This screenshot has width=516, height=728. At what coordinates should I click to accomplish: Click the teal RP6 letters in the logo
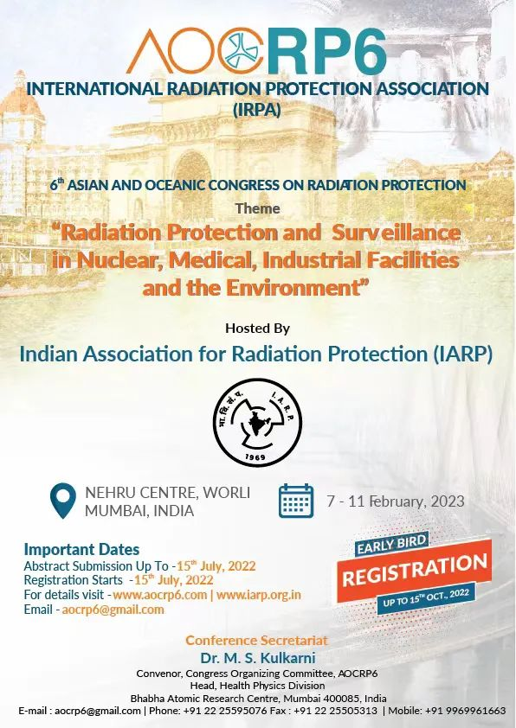326,51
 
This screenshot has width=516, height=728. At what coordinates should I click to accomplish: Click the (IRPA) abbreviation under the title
257,110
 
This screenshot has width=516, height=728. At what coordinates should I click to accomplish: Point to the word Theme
257,208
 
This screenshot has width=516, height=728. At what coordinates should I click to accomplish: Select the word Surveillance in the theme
396,233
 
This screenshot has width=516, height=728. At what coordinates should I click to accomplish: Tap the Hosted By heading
257,329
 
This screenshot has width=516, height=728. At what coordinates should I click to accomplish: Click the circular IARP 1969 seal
257,422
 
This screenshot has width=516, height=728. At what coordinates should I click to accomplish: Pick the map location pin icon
62,501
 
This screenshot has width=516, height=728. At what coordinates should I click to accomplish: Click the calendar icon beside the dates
296,501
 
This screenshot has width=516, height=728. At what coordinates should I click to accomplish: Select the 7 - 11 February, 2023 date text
396,501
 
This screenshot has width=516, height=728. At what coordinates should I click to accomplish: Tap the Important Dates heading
82,549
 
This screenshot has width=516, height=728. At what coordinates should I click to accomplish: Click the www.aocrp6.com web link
160,595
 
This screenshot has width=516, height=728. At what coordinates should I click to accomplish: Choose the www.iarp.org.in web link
259,595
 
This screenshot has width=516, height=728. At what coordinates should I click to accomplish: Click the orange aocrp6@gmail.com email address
113,610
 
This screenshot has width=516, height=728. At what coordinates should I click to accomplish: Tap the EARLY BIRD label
391,544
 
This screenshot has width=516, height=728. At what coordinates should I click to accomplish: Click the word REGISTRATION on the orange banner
415,570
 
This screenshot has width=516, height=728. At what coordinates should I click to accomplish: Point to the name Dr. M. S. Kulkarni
258,658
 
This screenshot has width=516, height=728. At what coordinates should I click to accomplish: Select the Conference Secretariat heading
256,641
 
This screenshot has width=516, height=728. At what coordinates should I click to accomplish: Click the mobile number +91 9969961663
470,711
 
